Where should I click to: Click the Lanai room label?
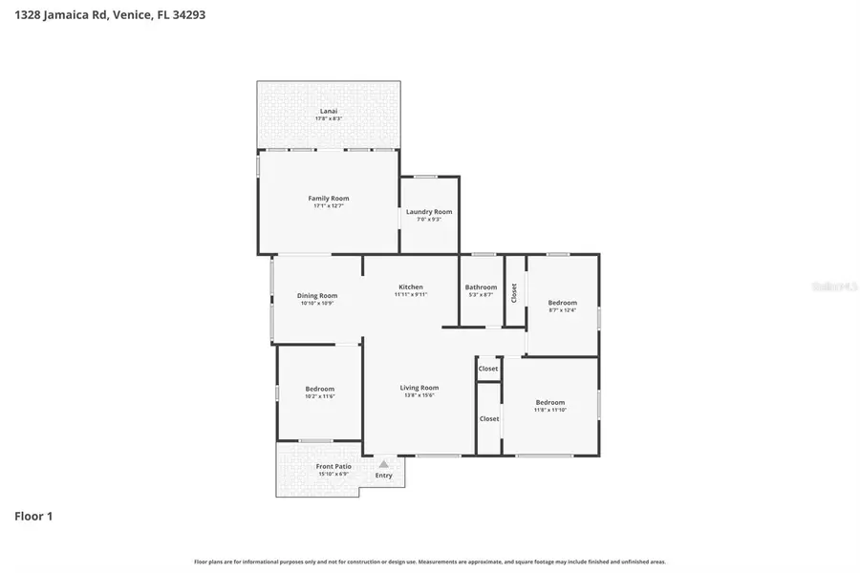pyautogui.click(x=328, y=111)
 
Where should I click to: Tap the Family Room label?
pyautogui.click(x=328, y=198)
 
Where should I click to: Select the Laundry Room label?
pyautogui.click(x=429, y=211)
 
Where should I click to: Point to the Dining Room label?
pyautogui.click(x=317, y=295)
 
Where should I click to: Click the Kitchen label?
pyautogui.click(x=411, y=286)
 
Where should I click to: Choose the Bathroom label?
pyautogui.click(x=481, y=286)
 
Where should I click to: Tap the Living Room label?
pyautogui.click(x=419, y=387)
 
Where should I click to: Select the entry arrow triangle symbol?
pyautogui.click(x=384, y=463)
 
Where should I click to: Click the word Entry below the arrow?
pyautogui.click(x=384, y=475)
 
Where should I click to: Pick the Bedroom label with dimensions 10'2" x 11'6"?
pyautogui.click(x=320, y=389)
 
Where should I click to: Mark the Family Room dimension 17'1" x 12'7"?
pyautogui.click(x=328, y=206)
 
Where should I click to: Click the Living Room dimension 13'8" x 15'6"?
pyautogui.click(x=419, y=395)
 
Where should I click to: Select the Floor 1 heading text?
pyautogui.click(x=33, y=516)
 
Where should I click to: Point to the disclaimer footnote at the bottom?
pyautogui.click(x=430, y=562)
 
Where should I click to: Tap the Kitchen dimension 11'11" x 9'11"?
pyautogui.click(x=411, y=295)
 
